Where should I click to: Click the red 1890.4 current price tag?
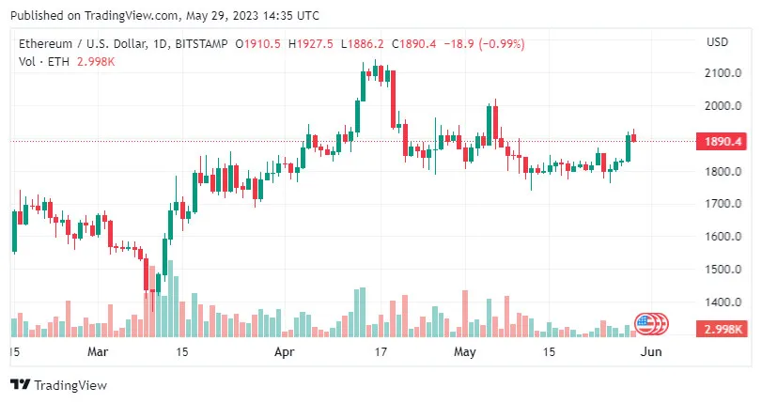[x=719, y=142]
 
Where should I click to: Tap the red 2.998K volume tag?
[x=719, y=329]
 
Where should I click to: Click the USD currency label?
[x=718, y=41]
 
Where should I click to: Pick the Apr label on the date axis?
[x=284, y=352]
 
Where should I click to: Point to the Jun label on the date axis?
[x=648, y=352]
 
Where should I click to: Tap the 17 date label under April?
[x=381, y=352]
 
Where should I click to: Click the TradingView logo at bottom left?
[x=58, y=385]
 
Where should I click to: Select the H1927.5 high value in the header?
[x=312, y=44]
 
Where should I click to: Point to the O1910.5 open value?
[x=259, y=44]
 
